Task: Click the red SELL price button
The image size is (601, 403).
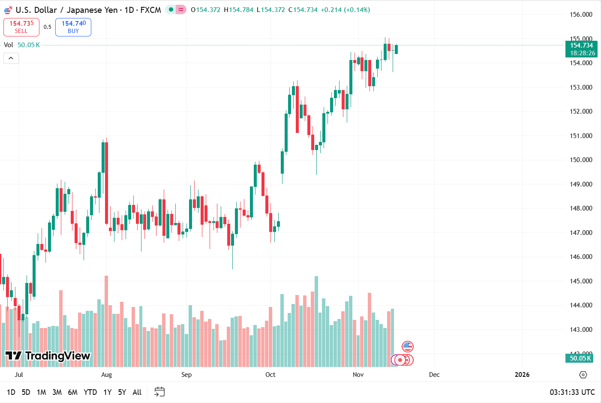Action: pos(21,27)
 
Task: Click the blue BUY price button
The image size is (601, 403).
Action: pos(73,27)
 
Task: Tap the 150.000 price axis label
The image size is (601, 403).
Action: pos(581,160)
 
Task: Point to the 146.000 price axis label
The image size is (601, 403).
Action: pos(581,257)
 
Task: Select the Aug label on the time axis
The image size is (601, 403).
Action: pos(106,375)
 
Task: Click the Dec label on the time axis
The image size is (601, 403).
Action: pos(434,375)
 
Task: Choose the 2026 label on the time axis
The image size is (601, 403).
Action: pos(522,375)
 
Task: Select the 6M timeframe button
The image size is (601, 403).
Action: pos(72,392)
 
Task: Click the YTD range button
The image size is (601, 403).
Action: pos(90,392)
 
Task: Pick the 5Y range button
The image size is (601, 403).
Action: pos(122,392)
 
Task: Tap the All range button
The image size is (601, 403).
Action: pos(137,392)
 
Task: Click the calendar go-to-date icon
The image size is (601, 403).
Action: pos(159,392)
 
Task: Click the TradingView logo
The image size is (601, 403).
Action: pos(48,355)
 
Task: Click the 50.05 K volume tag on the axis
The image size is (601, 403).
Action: pos(580,358)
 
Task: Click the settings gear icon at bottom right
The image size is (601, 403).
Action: pos(583,375)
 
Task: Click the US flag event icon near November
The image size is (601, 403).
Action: pos(407,346)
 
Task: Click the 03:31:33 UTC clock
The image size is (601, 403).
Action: pos(572,392)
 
